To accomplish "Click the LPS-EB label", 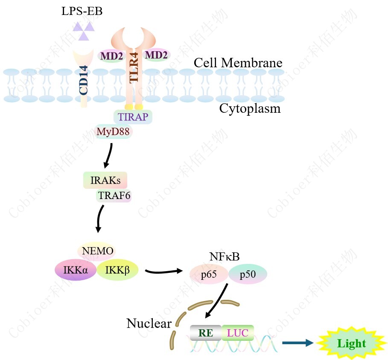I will coord(82,11).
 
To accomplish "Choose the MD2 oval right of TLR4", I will coord(156,55).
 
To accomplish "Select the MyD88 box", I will coord(113,132).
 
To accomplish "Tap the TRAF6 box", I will coord(114,196).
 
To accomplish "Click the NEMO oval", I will coord(98,251).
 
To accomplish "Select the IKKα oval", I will coord(76,270).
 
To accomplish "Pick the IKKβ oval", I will coord(117,270).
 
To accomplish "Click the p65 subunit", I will coord(209,275).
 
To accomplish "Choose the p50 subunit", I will coord(248,275).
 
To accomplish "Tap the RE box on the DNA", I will coord(206,333).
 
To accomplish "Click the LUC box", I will coord(238,333).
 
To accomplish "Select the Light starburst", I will coord(351,343).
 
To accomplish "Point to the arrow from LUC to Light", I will coord(298,343).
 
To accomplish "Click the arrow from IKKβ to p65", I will coord(164,271).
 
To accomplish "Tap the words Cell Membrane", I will coord(238,63).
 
